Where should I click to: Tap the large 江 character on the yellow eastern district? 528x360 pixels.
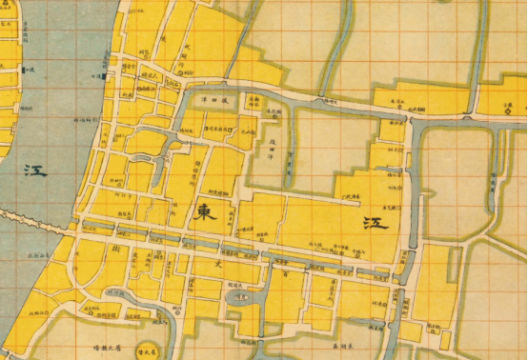pos(374,222)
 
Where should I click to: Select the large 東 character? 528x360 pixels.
pos(203,213)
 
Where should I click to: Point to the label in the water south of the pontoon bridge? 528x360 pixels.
pos(42,254)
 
